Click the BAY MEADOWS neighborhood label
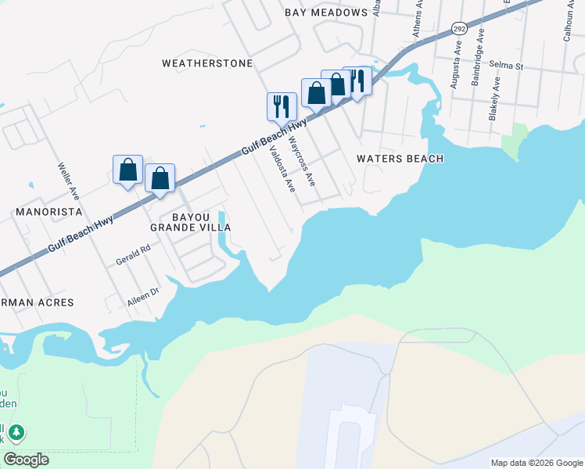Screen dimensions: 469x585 pyautogui.click(x=326, y=13)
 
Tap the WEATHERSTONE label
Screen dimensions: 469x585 pyautogui.click(x=207, y=63)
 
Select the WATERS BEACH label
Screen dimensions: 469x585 pyautogui.click(x=400, y=159)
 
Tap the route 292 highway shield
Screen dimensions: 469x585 pyautogui.click(x=459, y=29)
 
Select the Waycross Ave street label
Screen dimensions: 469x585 pyautogui.click(x=302, y=161)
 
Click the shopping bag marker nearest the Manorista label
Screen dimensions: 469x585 pyautogui.click(x=127, y=170)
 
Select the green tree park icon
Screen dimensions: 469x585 pyautogui.click(x=16, y=432)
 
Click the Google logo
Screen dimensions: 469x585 pyautogui.click(x=26, y=460)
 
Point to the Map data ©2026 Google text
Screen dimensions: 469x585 pyautogui.click(x=537, y=463)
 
